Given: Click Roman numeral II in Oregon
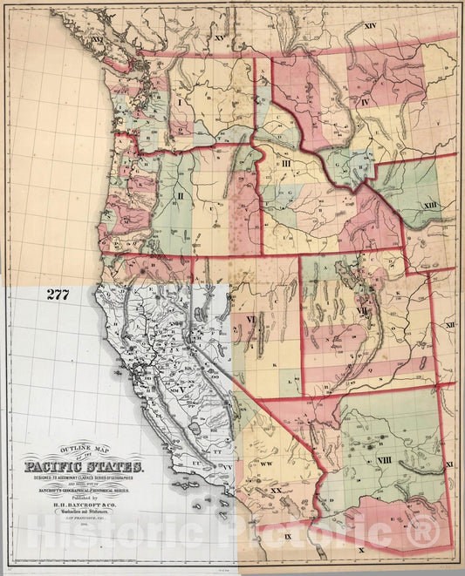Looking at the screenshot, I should pyautogui.click(x=180, y=197).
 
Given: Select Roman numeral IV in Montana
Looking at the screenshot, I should pyautogui.click(x=366, y=102).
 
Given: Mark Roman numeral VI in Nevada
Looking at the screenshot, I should pyautogui.click(x=250, y=320).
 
